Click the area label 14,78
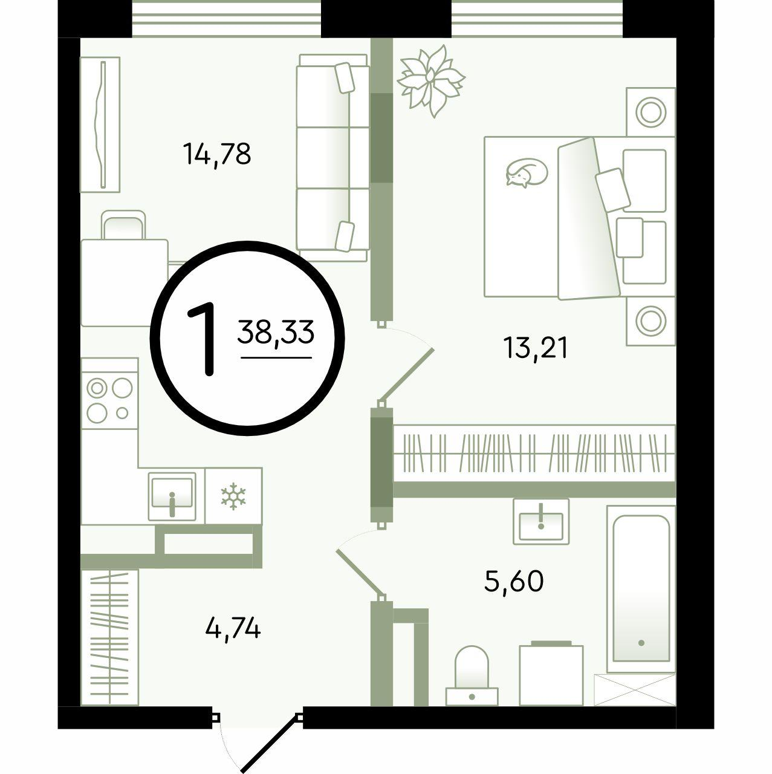coord(217,155)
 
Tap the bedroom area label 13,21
coord(536,348)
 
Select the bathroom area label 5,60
coord(514,581)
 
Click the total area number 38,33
coord(276,332)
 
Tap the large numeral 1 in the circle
coord(203,339)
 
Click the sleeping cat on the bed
coord(527,172)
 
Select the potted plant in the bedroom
coord(430,81)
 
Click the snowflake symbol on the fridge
coord(233,496)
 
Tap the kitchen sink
coord(172,496)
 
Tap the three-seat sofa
coord(332,158)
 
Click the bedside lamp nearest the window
coord(650,112)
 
